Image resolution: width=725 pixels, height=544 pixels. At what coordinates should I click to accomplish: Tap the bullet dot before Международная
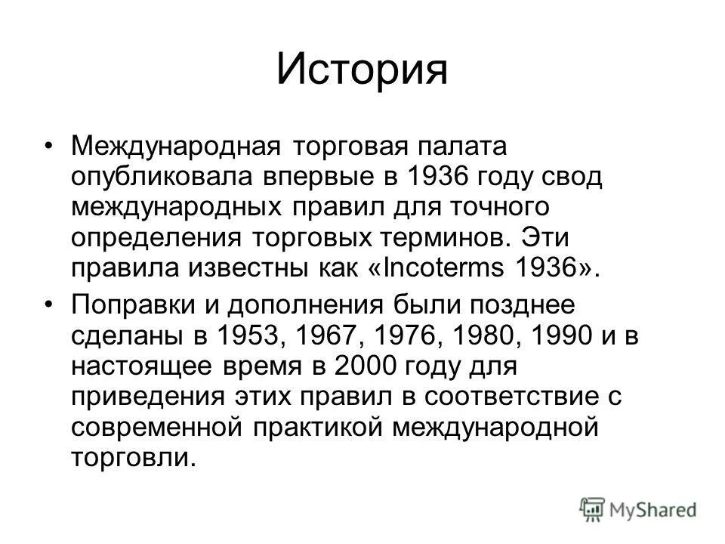(x=50, y=144)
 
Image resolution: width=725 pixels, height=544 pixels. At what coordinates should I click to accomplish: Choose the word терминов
(x=441, y=238)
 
